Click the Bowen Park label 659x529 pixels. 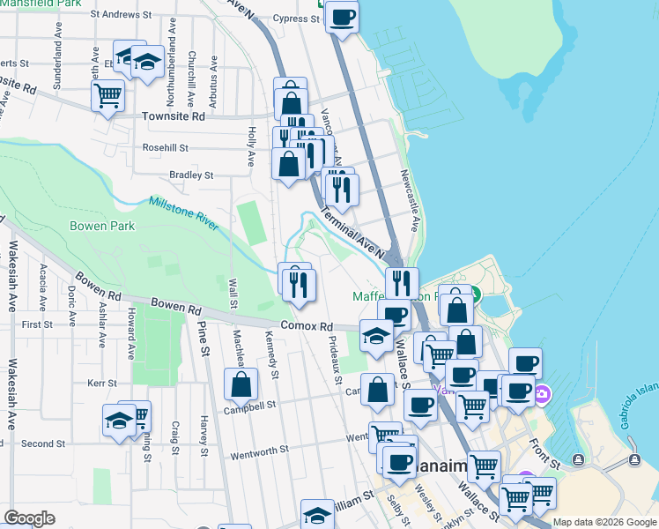point(101,227)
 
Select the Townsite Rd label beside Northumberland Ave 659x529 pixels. point(174,115)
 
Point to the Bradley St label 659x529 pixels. point(191,175)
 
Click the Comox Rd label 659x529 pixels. point(307,325)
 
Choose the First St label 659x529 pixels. point(37,324)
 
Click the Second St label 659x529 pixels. point(37,443)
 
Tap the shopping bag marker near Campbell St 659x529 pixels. point(241,385)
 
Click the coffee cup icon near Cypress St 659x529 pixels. point(342,16)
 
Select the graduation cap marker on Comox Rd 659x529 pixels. point(376,336)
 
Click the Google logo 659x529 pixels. point(30,518)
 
